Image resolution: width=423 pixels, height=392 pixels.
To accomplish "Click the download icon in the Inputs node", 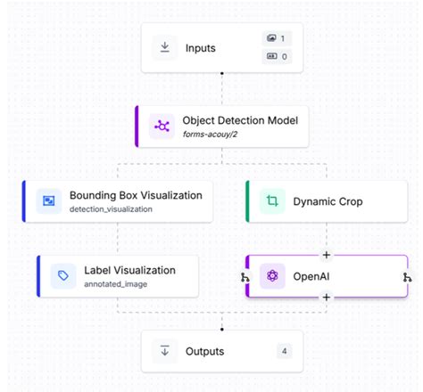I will click(165, 47).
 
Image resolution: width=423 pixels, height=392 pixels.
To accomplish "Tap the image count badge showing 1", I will click(275, 38).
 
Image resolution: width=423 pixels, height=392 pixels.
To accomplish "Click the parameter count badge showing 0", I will click(275, 57).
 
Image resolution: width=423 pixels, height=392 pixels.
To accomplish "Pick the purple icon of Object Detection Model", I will click(162, 126).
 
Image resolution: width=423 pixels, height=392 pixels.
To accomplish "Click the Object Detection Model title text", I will click(240, 120).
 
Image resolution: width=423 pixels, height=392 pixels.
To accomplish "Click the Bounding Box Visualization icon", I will click(49, 201).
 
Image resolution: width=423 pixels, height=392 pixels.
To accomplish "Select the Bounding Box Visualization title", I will click(136, 195).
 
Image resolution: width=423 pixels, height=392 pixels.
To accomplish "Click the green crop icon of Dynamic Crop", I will click(271, 201).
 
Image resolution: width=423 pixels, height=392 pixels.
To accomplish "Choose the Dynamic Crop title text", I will click(328, 202).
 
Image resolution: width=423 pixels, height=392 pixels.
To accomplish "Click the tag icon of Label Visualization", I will click(62, 276).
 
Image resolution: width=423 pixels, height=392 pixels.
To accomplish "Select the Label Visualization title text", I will click(129, 270).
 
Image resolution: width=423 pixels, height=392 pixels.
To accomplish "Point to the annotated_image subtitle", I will click(115, 284).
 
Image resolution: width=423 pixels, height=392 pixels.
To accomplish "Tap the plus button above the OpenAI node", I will click(327, 256).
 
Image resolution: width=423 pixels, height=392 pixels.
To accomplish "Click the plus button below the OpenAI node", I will click(327, 298).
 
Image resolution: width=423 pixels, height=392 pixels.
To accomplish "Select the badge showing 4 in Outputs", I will click(283, 350).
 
